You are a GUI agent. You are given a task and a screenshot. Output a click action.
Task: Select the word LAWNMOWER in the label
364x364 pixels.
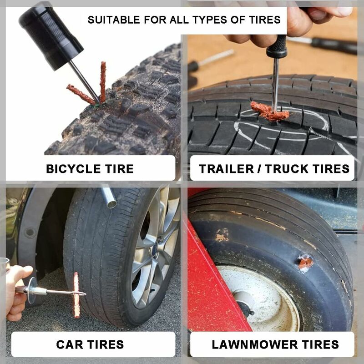257,344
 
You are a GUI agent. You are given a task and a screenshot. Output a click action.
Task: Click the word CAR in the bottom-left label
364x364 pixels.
68,344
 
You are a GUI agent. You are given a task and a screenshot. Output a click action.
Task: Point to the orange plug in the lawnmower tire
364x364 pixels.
305,263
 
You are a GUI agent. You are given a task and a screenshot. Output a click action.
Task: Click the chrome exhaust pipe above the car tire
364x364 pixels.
108,197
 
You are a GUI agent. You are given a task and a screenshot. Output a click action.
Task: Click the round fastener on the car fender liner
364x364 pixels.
30,233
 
